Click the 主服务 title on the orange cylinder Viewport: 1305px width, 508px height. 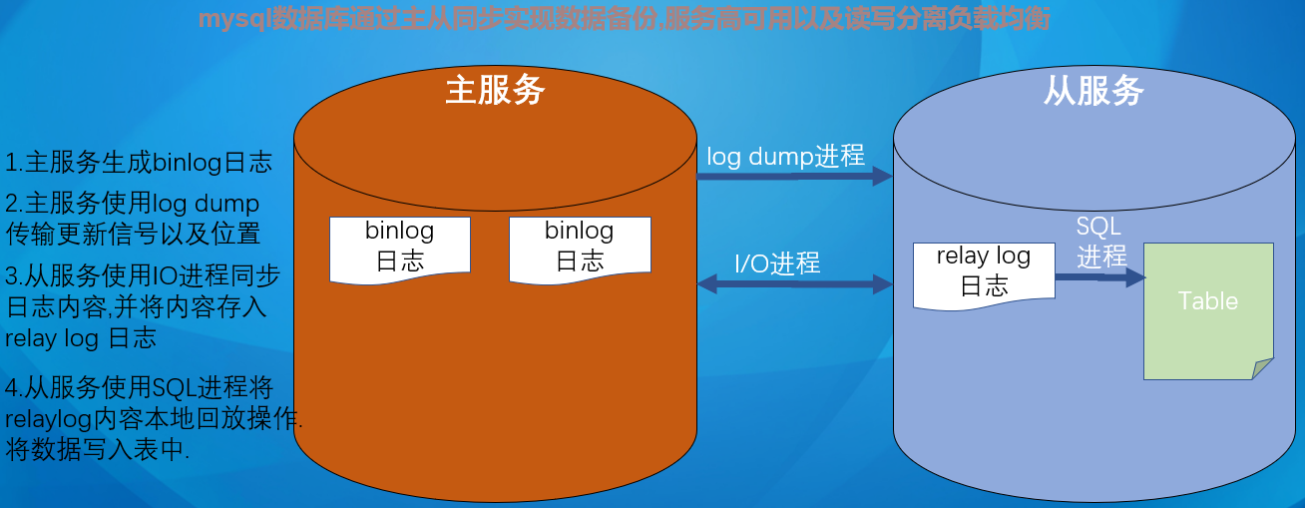[495, 91]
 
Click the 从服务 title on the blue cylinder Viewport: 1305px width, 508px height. [1093, 92]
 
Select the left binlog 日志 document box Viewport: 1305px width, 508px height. [400, 247]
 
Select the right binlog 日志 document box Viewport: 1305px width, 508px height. [580, 247]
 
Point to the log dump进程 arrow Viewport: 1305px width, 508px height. [793, 177]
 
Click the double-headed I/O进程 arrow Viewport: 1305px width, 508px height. [793, 284]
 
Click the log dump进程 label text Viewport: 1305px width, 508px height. [785, 156]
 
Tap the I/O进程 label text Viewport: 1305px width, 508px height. [777, 263]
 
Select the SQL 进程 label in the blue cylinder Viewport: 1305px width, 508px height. [1100, 242]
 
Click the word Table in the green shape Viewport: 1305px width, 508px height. [1207, 301]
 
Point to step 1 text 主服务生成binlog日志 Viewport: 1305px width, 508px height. [139, 163]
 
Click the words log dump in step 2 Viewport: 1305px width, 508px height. [206, 204]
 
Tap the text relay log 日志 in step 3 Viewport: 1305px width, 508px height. [81, 338]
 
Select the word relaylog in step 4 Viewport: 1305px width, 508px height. [47, 418]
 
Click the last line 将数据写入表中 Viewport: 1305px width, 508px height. [98, 449]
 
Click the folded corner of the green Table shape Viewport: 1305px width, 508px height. [1263, 368]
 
